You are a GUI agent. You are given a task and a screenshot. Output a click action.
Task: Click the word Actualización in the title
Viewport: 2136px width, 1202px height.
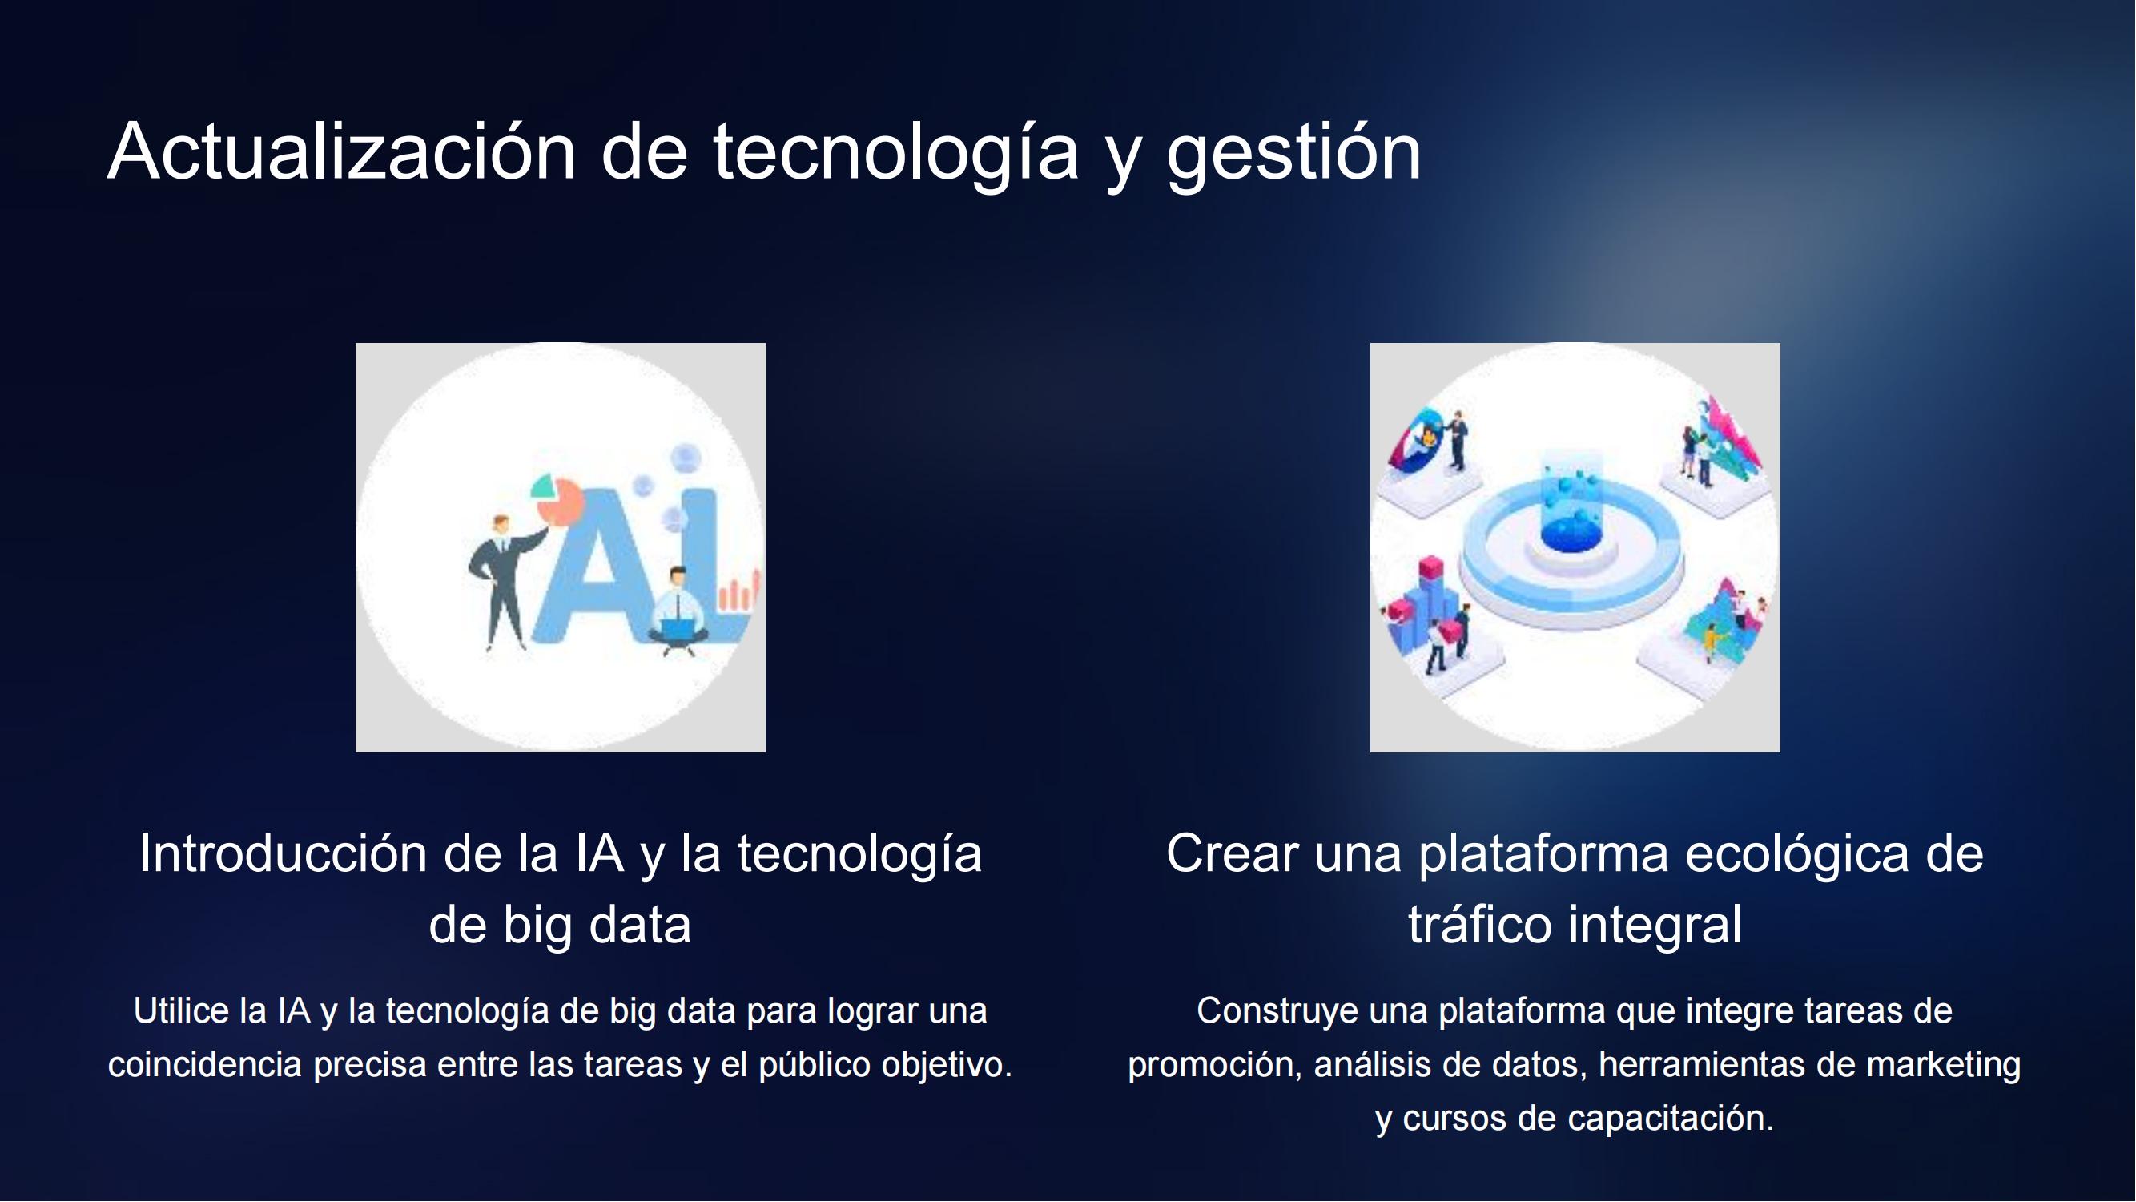point(342,151)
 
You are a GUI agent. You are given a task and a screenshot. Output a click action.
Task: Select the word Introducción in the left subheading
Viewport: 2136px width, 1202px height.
point(281,853)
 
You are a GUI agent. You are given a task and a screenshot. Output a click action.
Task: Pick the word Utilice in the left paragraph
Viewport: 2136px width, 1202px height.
point(181,1010)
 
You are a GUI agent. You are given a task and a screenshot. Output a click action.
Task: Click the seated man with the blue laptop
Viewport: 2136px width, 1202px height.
point(678,611)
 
